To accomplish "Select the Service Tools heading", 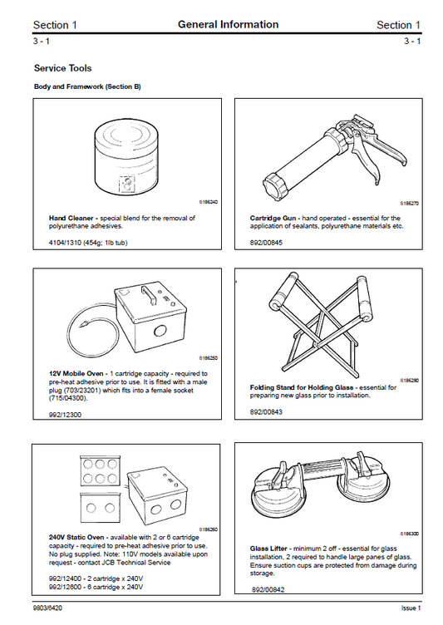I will tap(62, 68).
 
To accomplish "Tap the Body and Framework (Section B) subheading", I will tap(87, 86).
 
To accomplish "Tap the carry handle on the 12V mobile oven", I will tap(150, 292).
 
